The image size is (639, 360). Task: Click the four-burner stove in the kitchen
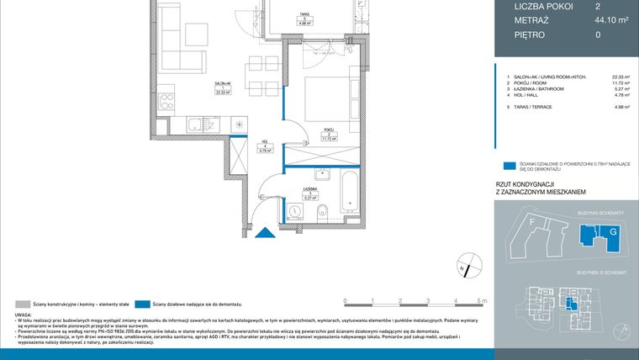point(166,102)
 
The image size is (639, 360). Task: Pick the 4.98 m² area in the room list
point(622,108)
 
